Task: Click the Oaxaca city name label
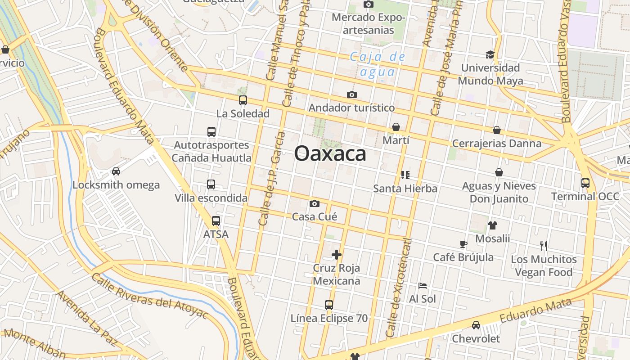330,154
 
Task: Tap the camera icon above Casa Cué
315,204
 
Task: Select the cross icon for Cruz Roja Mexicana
337,255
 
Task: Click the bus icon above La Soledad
243,100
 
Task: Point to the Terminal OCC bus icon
585,183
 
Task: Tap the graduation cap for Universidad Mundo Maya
490,55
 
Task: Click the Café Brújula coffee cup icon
463,244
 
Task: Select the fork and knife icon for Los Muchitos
544,246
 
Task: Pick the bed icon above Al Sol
422,286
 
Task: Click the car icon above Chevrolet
476,325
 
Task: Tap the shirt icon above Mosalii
493,225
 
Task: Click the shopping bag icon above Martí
396,127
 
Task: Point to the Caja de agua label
378,64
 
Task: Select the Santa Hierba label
405,189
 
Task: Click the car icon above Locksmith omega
116,171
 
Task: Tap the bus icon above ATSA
216,221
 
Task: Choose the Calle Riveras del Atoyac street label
149,295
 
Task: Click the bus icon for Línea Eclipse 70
329,305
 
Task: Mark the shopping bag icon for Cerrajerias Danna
497,130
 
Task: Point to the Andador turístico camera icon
352,94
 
